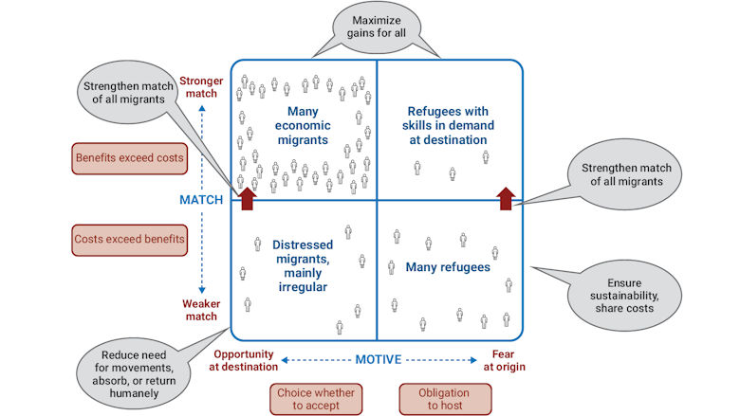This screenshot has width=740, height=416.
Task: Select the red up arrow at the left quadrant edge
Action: [248, 196]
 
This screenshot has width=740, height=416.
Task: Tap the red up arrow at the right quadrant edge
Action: [506, 196]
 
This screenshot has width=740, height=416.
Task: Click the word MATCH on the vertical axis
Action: [201, 200]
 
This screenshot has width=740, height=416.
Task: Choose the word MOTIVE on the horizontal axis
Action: [377, 360]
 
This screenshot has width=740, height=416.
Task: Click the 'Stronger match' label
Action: [200, 88]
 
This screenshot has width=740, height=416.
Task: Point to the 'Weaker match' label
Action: [202, 310]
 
